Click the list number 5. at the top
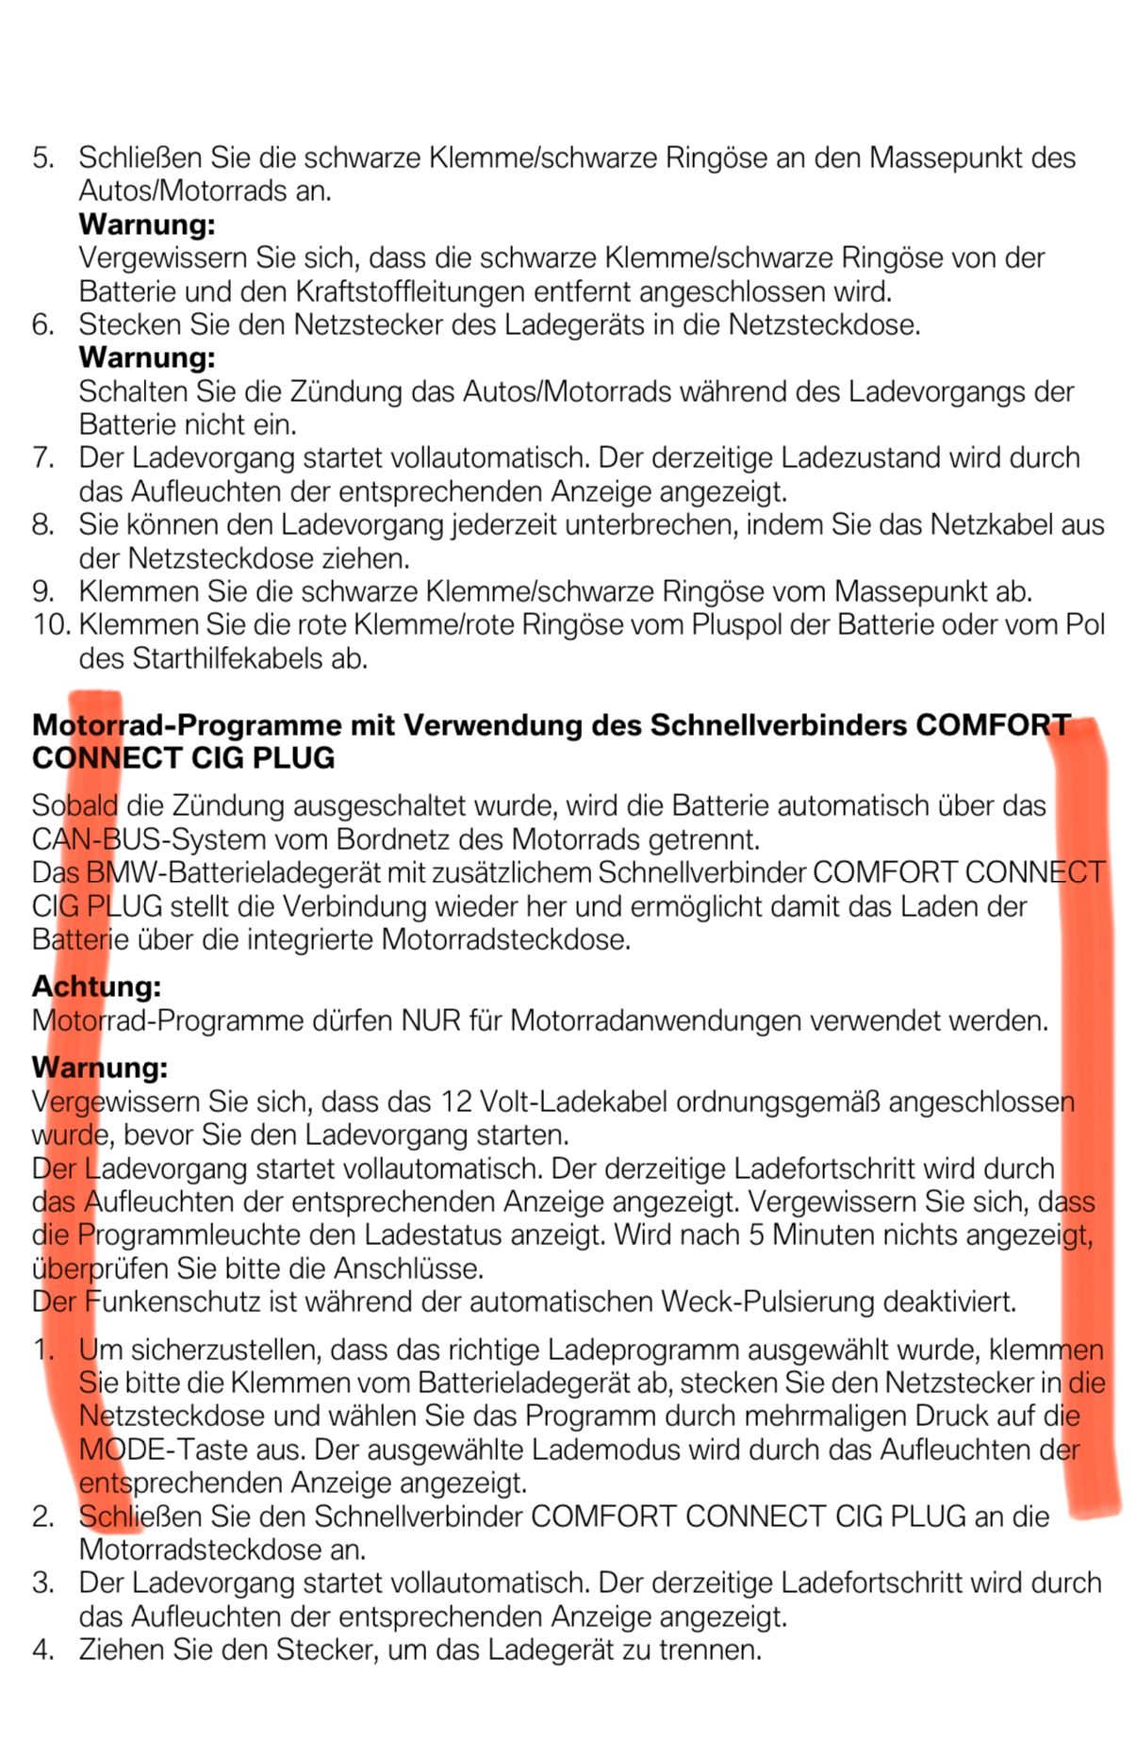42,157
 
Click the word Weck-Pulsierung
767,1301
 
